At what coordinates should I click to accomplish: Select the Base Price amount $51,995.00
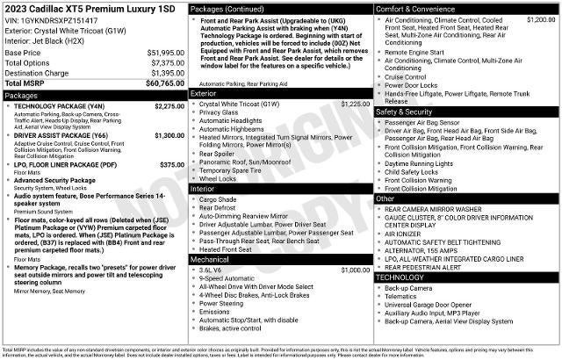[x=165, y=53]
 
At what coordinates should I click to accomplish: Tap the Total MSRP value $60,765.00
[x=165, y=83]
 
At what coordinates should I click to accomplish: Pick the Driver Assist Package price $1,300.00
[x=169, y=136]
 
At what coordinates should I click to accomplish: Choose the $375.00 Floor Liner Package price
[x=171, y=165]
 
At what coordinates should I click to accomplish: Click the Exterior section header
[x=204, y=93]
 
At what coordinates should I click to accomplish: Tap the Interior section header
[x=203, y=189]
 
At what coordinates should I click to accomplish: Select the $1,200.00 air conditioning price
[x=539, y=18]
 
